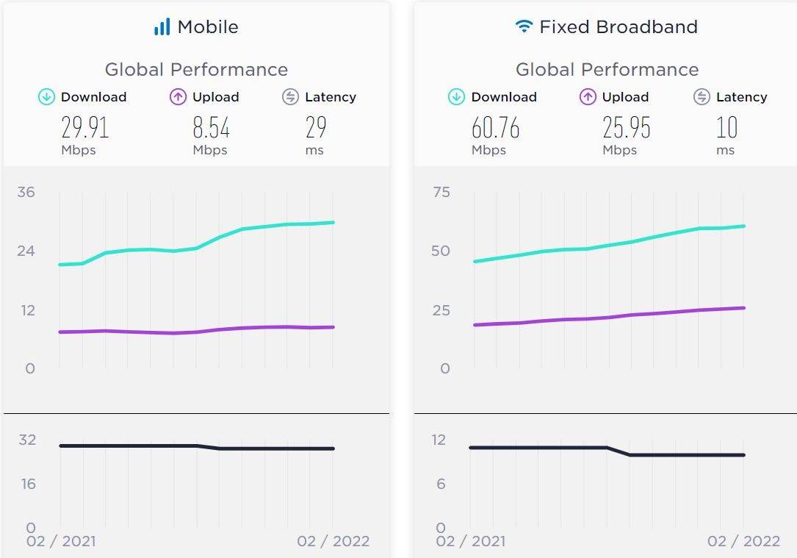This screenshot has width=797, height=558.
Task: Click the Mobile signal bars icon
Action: (162, 27)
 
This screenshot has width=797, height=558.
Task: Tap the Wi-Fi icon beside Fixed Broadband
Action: (524, 27)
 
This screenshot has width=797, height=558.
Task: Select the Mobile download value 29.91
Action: (84, 128)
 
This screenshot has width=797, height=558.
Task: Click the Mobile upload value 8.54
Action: (211, 128)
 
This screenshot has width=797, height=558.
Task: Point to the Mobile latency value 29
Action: (316, 128)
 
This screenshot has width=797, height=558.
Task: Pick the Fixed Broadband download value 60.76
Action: (495, 128)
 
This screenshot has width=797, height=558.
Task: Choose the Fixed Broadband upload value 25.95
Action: (627, 128)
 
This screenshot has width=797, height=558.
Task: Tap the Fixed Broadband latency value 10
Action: (726, 128)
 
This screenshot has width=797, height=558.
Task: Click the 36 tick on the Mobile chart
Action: (26, 193)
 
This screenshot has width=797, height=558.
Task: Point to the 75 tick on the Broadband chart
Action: (441, 193)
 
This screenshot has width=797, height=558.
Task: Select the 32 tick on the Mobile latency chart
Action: (27, 440)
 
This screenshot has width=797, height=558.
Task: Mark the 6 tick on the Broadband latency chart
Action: (441, 484)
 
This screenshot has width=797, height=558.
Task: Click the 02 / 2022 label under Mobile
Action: (333, 542)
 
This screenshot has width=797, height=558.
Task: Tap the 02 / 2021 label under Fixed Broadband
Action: (470, 542)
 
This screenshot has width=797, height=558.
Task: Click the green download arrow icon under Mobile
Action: (47, 97)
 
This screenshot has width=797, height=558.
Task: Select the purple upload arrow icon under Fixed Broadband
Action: (588, 97)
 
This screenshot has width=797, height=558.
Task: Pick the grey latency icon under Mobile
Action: (290, 97)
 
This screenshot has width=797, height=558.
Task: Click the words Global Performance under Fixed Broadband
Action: (607, 70)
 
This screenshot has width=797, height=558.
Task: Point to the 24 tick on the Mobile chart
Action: (26, 251)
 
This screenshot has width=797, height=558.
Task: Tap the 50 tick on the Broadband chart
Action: (441, 251)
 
